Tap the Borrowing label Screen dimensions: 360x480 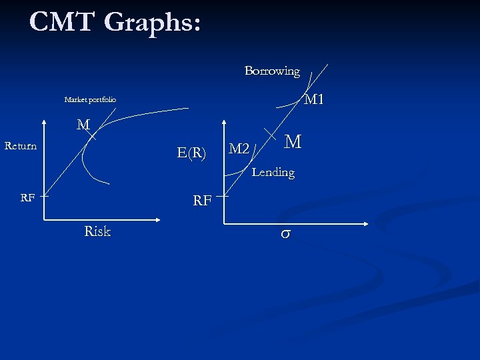pos(272,71)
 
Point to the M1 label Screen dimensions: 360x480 pos(313,100)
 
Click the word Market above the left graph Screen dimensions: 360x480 pos(77,100)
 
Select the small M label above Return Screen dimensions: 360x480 pos(83,125)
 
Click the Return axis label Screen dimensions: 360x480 pos(20,145)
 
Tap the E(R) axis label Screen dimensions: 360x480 pos(192,153)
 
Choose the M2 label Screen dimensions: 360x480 pos(239,148)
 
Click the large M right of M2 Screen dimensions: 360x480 pos(293,142)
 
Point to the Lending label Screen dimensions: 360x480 pos(273,173)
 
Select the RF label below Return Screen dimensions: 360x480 pos(27,197)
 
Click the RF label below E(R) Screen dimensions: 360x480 pos(202,199)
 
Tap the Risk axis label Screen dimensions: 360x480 pos(97,231)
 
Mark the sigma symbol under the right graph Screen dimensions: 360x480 pos(285,235)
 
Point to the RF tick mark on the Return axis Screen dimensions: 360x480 pos(43,196)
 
